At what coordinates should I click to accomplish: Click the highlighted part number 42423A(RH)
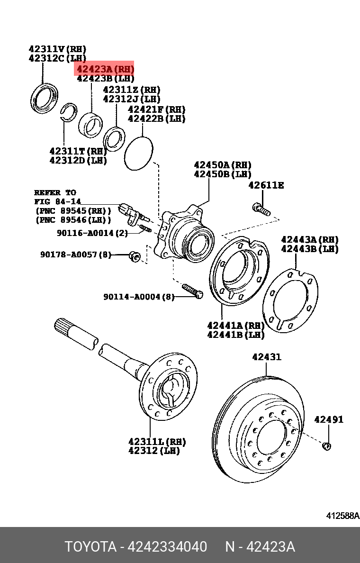105,69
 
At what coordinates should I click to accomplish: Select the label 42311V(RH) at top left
57,49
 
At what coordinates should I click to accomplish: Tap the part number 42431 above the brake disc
266,357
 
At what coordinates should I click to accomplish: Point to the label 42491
329,419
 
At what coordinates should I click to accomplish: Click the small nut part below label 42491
326,445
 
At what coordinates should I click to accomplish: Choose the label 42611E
266,185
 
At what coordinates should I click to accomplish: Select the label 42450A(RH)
222,164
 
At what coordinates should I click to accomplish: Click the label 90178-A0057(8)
76,255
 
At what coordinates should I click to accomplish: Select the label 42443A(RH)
310,240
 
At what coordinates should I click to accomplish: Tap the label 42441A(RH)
235,325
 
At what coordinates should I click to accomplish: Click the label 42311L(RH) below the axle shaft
157,441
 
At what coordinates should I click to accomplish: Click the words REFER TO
54,193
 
